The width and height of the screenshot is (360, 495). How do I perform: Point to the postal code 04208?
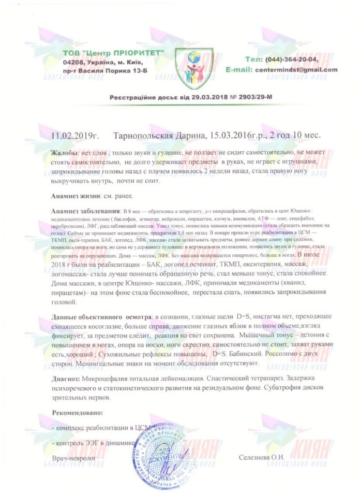point(73,62)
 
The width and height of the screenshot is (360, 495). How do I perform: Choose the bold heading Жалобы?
point(66,153)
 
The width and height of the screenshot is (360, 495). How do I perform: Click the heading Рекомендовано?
point(77,413)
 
